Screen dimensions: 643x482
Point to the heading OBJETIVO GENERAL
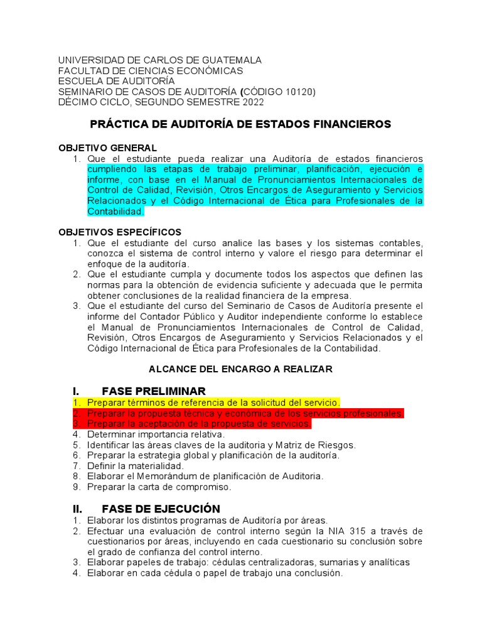pos(107,148)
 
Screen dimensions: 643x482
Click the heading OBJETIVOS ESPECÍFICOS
pos(120,232)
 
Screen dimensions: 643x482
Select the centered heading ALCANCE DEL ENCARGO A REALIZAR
pos(240,369)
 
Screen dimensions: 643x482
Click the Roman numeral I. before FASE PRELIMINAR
pos(77,391)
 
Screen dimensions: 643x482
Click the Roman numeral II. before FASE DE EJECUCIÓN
pos(79,508)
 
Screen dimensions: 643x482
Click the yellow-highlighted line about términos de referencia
pos(213,403)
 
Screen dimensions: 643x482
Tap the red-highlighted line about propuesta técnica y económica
pos(245,413)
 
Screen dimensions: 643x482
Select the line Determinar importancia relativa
pos(156,434)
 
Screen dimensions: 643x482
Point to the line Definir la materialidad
pos(136,466)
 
